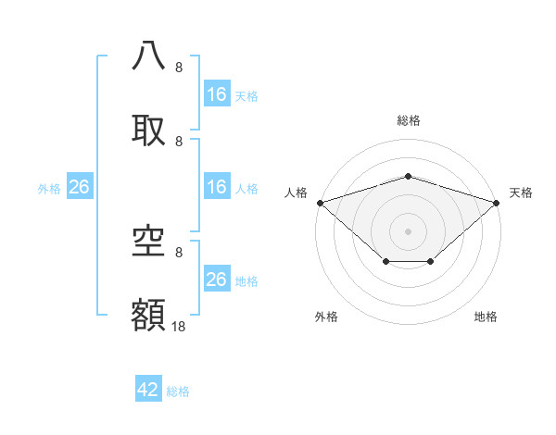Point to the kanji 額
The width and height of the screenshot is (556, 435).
pos(149,313)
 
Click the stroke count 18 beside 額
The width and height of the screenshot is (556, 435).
pos(179,327)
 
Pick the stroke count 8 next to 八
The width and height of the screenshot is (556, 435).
pos(179,68)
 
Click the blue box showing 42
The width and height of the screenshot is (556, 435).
pos(148,390)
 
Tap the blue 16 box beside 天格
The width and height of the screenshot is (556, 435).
pos(217,94)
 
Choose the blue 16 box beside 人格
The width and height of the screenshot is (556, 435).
pos(217,187)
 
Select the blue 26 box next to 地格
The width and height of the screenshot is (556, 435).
pos(217,280)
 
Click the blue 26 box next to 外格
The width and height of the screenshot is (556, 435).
pos(79,187)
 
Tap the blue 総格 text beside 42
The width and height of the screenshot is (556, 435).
pos(178,391)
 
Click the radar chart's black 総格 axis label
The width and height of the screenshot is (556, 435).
pos(408,120)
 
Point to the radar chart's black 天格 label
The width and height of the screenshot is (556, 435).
pos(521,193)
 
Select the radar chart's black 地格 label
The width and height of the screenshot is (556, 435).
pos(486,317)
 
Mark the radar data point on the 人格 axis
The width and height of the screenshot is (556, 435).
pos(320,203)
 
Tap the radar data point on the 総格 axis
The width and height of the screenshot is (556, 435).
pos(408,176)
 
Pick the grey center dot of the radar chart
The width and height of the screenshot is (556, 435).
pos(408,230)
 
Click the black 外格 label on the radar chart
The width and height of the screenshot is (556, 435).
pos(326,317)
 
